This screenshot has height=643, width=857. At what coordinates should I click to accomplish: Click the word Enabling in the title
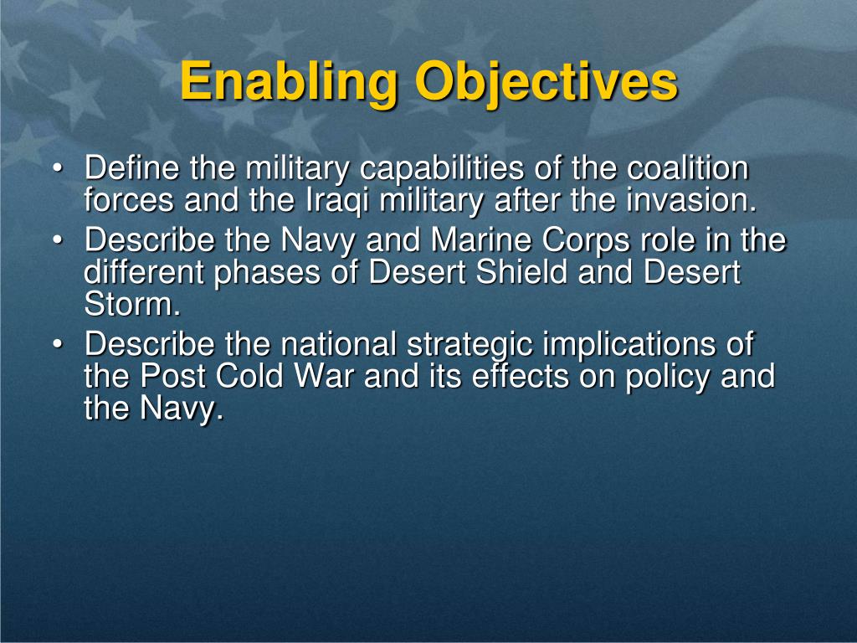point(289,82)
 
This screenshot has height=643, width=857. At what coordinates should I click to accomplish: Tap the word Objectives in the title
point(547,82)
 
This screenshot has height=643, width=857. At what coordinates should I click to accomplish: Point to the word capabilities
point(442,168)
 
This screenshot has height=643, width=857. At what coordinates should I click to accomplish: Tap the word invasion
point(691,200)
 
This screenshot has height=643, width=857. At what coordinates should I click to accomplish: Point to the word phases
point(267,273)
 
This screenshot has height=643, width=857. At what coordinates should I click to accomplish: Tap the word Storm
point(132,304)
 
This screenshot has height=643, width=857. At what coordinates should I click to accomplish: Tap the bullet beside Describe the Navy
point(58,240)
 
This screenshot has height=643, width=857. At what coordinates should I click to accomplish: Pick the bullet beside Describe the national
point(58,344)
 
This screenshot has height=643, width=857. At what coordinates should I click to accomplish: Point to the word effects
point(521,376)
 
